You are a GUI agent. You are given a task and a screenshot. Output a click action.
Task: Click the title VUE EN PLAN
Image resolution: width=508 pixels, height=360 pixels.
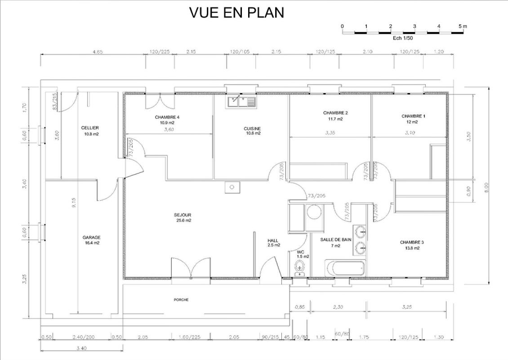tap(236, 13)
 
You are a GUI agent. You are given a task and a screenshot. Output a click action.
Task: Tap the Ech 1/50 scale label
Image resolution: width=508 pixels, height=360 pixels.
tap(403, 38)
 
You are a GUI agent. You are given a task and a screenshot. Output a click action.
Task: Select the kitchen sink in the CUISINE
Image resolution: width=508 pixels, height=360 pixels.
tap(241, 102)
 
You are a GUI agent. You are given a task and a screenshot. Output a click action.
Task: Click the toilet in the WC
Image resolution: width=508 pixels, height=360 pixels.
tap(299, 267)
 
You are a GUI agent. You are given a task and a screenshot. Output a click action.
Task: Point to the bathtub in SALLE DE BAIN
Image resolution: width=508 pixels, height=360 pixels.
tap(345, 268)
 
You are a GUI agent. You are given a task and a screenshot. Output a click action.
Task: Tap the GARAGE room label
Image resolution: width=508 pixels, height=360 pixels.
tap(91, 237)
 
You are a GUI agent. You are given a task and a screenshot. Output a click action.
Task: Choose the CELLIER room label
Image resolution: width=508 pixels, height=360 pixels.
tap(90, 128)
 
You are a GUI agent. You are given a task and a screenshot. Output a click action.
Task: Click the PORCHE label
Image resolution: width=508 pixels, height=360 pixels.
tap(181, 300)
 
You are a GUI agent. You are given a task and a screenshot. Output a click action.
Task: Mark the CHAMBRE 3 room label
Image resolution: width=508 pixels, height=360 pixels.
tap(412, 242)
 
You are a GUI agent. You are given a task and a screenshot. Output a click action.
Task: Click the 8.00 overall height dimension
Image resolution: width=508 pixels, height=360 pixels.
tap(486, 187)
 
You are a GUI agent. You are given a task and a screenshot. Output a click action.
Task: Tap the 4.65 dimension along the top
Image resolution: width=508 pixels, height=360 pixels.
tap(98, 52)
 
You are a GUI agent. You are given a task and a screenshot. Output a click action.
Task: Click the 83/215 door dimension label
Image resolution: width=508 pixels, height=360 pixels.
tap(54, 102)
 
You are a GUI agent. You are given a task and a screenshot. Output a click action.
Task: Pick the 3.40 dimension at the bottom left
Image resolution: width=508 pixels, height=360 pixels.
tap(81, 348)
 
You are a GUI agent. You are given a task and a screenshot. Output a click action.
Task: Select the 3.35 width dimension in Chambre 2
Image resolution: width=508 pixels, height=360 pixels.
tap(330, 133)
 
